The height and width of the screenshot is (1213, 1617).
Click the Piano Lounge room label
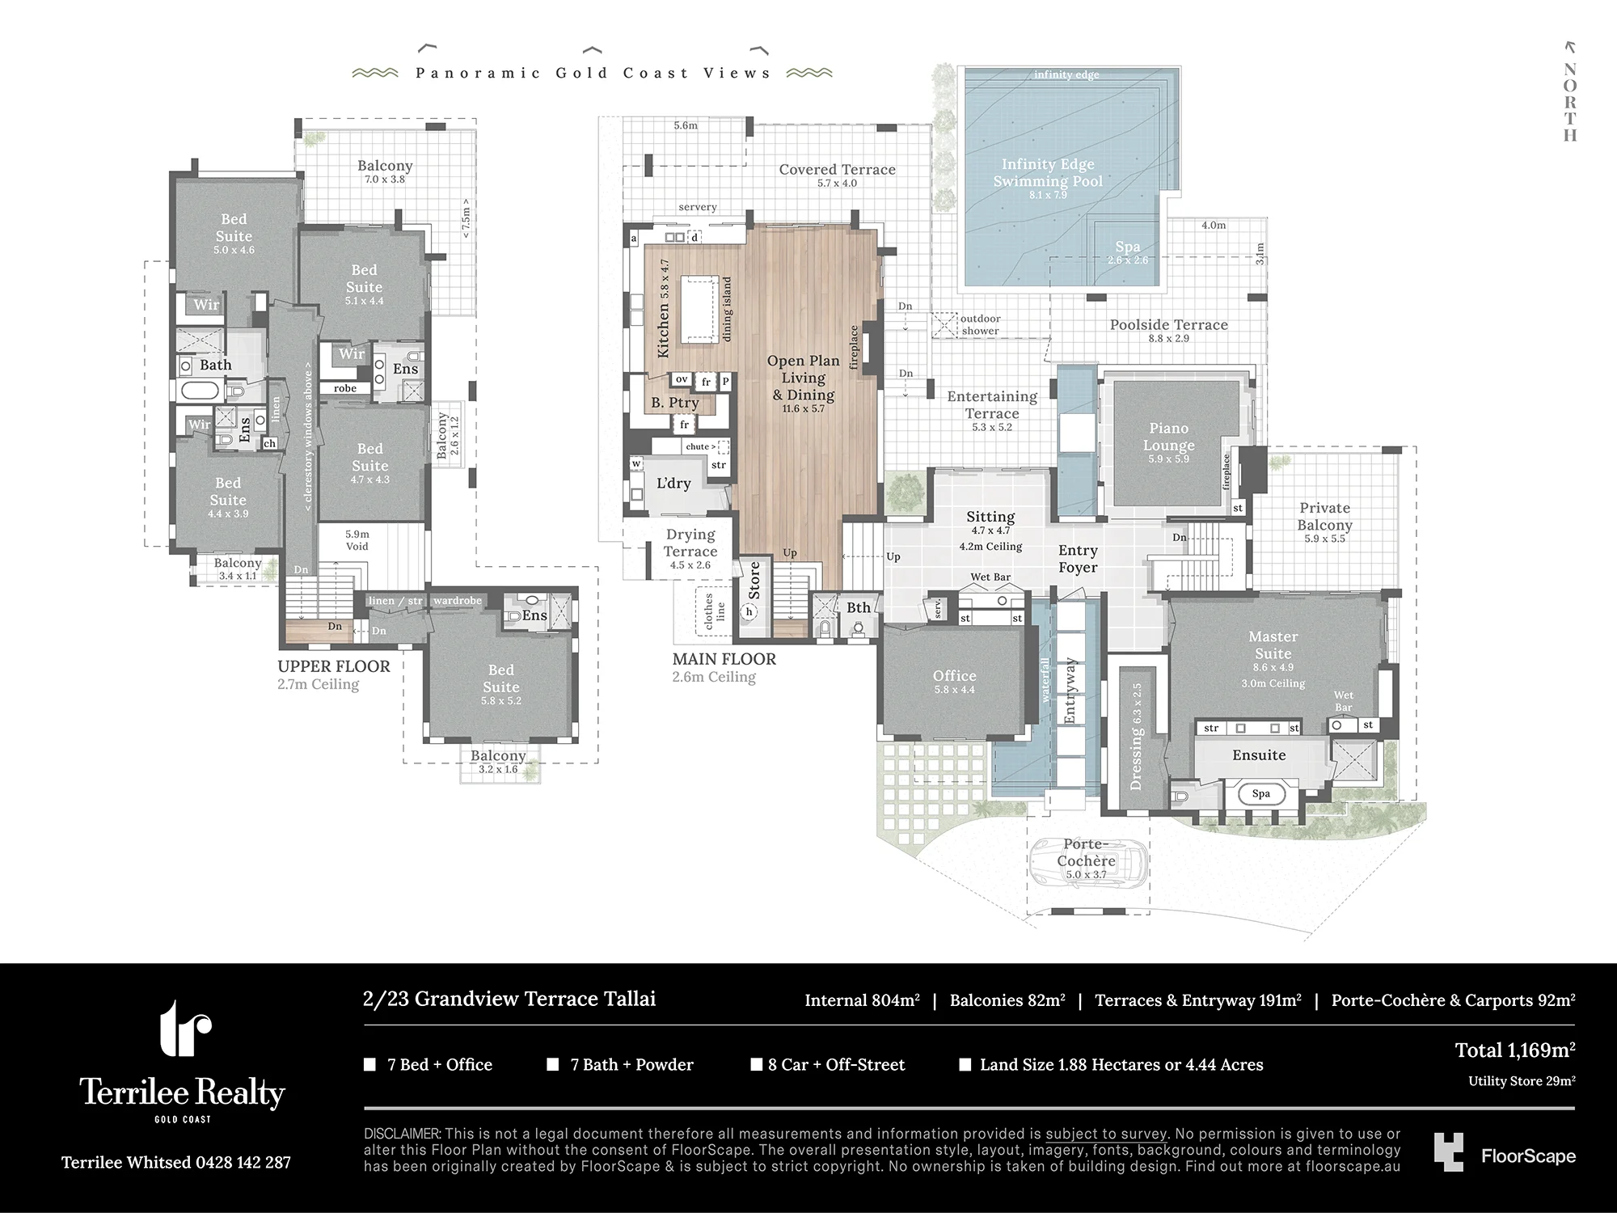(1169, 437)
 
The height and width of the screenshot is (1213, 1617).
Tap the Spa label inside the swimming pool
(1128, 247)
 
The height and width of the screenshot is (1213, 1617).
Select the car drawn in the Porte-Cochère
(1090, 864)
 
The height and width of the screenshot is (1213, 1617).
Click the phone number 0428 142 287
(243, 1163)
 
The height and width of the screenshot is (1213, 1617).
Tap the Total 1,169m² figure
(1515, 1050)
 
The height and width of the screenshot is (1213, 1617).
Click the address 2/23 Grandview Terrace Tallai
(509, 999)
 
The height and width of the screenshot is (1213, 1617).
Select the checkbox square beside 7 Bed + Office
(370, 1064)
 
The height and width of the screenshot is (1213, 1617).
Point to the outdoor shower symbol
(944, 324)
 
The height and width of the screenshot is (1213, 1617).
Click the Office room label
(954, 675)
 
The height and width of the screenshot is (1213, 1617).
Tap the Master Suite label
(1273, 645)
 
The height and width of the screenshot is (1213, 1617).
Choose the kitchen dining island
(699, 309)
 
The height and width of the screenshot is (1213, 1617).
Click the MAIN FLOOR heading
(724, 659)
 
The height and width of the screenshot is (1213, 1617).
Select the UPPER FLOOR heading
(334, 666)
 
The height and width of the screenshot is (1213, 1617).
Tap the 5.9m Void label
(357, 540)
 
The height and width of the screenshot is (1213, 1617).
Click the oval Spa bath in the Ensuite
(1261, 793)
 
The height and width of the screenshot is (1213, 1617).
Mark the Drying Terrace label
(690, 543)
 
